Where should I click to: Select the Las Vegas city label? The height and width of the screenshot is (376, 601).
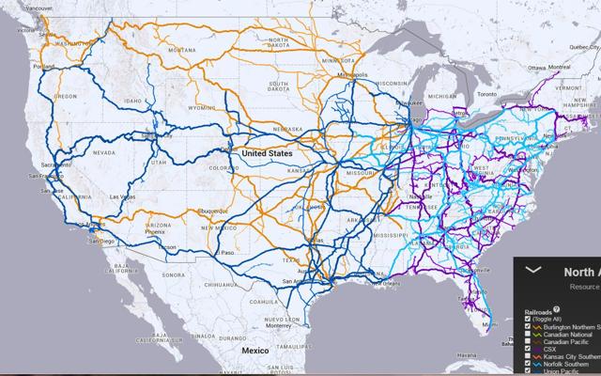coord(122,196)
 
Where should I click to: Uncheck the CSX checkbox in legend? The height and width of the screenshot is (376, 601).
coord(529,348)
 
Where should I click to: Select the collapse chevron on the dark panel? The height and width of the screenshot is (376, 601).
coord(532,269)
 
